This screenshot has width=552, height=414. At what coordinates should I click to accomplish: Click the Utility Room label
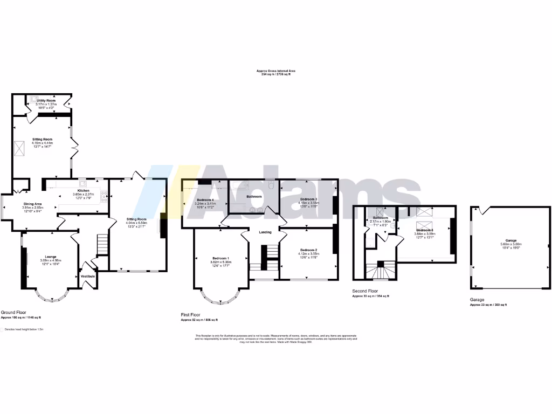tap(46, 101)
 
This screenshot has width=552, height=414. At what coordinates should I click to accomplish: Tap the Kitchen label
tap(83, 190)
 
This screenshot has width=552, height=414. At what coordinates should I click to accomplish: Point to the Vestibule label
tap(88, 276)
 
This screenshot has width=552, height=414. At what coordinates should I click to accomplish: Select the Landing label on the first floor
tap(265, 232)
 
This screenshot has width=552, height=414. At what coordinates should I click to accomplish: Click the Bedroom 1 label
tap(220, 258)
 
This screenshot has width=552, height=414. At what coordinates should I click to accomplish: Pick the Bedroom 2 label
tap(308, 250)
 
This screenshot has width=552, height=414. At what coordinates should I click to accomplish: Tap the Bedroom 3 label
tap(307, 198)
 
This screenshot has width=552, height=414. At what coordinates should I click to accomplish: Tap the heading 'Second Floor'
tap(365, 290)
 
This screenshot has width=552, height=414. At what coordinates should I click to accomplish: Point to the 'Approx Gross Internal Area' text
tap(275, 71)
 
